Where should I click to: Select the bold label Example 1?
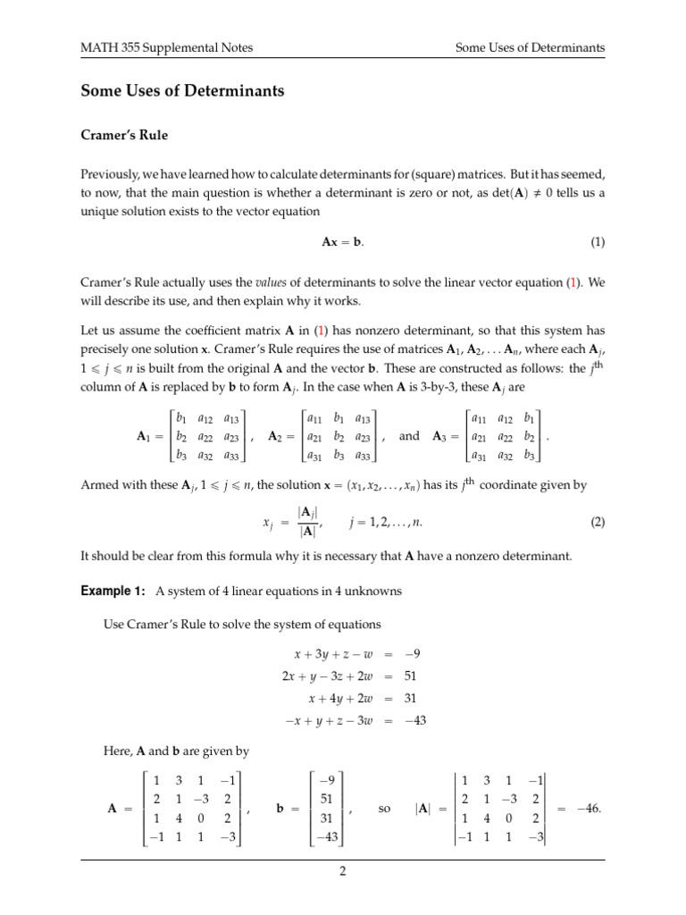point(113,591)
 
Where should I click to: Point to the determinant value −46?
point(588,808)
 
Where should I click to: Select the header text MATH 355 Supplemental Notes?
point(158,47)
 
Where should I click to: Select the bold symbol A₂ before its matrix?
point(281,436)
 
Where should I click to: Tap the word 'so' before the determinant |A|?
point(386,808)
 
